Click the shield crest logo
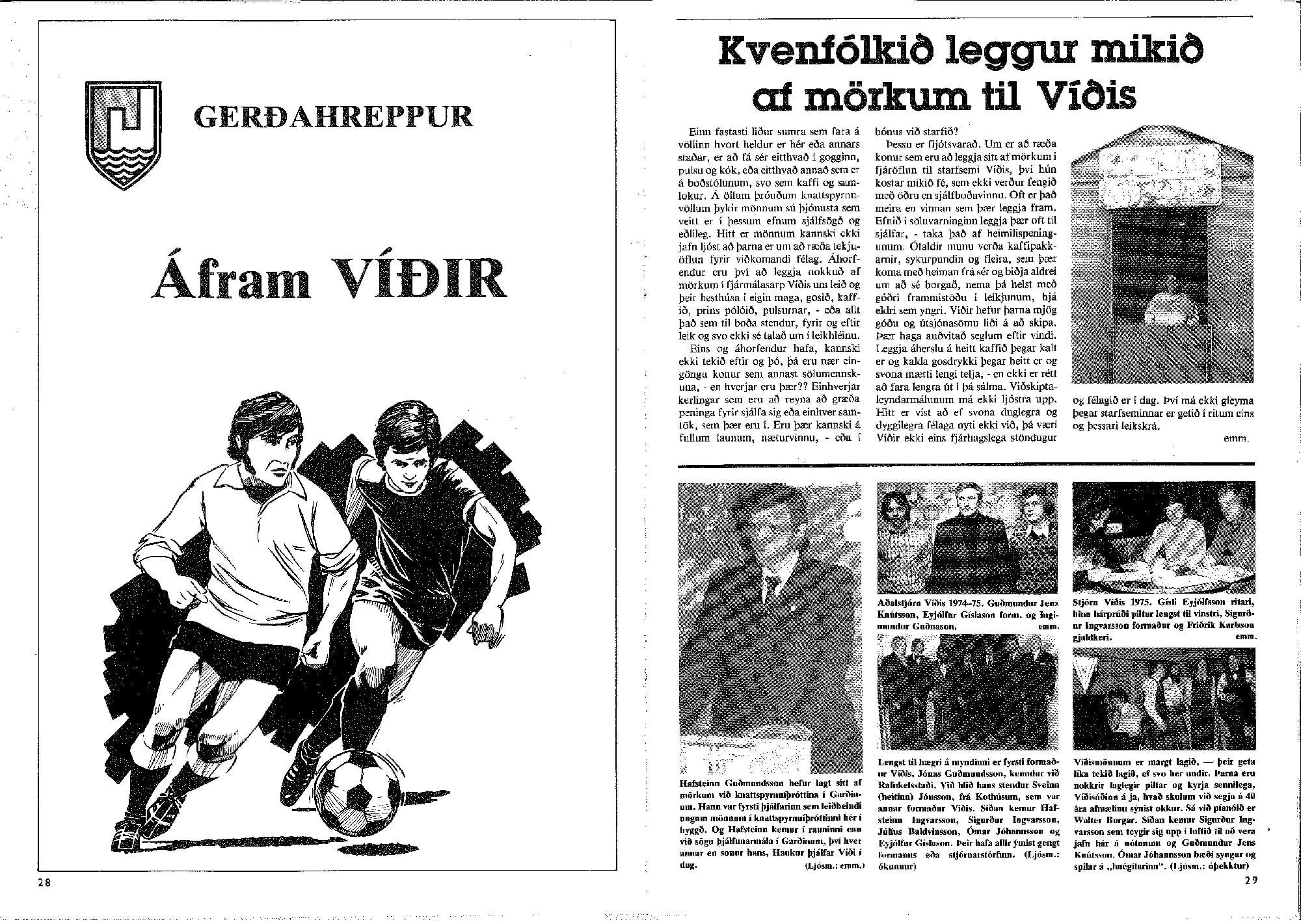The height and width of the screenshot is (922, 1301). pyautogui.click(x=123, y=135)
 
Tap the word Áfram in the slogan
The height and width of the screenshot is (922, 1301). pyautogui.click(x=230, y=278)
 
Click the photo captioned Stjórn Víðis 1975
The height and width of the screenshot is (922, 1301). pyautogui.click(x=1164, y=538)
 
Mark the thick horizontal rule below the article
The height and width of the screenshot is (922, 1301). pyautogui.click(x=965, y=464)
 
